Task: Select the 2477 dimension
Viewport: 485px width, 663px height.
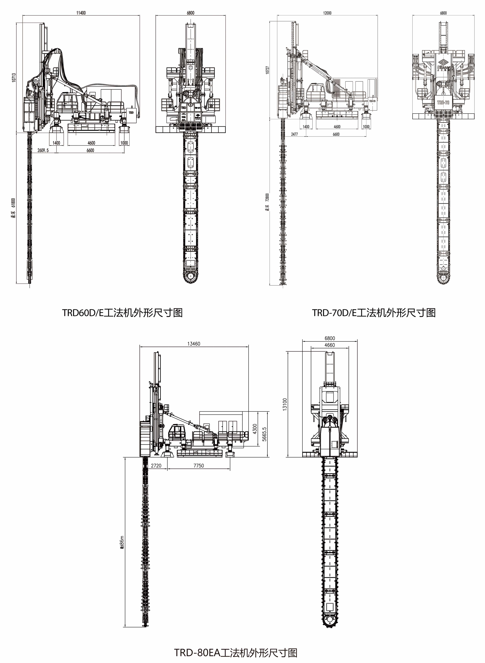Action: tap(294, 134)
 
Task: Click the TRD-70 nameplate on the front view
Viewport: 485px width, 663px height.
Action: tap(443, 102)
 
